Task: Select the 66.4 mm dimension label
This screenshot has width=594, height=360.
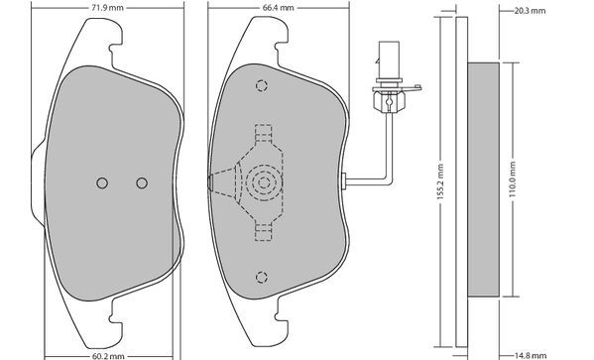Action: click(x=278, y=8)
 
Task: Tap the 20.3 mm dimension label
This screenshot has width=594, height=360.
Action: click(x=530, y=11)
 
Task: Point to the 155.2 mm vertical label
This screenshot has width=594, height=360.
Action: click(x=440, y=181)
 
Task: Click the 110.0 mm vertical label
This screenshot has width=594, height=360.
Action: click(x=513, y=180)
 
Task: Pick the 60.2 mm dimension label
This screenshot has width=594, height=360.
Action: click(x=108, y=356)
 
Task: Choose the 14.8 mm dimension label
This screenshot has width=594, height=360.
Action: click(x=531, y=356)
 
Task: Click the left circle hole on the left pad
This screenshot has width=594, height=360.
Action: click(x=102, y=183)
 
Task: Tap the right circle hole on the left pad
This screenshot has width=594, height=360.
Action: click(x=142, y=183)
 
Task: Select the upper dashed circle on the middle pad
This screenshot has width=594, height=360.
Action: click(x=262, y=86)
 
